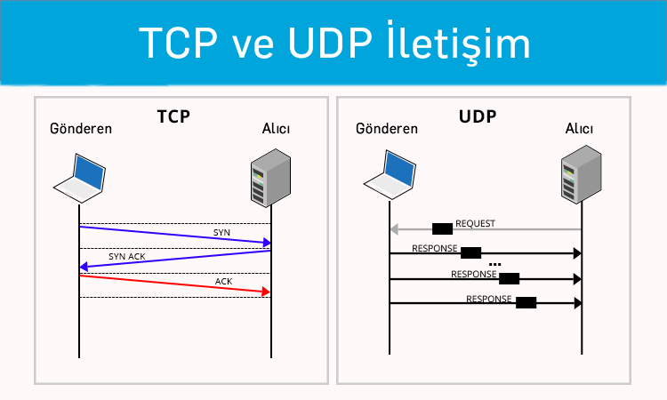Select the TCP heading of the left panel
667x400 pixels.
(174, 116)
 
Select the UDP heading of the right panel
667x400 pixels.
(478, 116)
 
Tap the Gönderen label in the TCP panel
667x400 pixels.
(82, 129)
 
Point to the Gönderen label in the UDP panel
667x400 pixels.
(387, 129)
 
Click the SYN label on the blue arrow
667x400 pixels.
(221, 232)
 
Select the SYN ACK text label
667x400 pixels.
(126, 256)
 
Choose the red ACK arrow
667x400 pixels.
(178, 284)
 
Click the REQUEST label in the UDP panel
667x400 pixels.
(475, 224)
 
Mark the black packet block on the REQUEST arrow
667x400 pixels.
(442, 229)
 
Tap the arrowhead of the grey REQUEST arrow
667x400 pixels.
(394, 230)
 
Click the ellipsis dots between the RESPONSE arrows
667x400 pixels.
(495, 265)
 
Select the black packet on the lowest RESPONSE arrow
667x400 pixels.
(526, 302)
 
